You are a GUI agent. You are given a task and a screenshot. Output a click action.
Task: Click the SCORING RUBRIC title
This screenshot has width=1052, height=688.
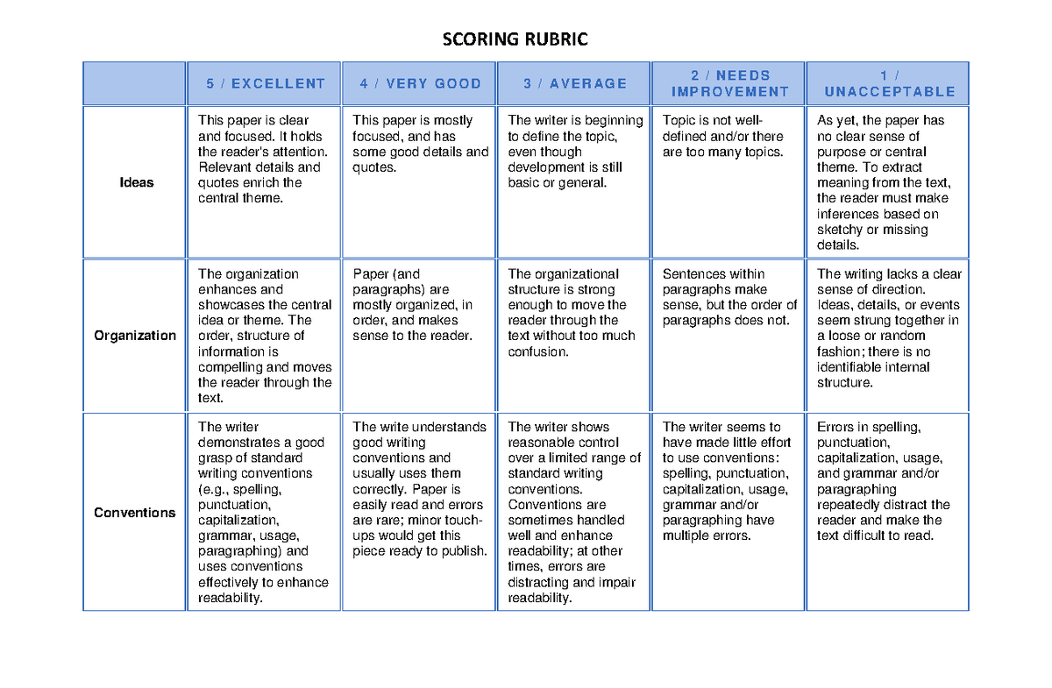click(x=515, y=39)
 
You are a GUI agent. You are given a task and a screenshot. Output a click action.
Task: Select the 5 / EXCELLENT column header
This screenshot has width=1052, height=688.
click(x=265, y=84)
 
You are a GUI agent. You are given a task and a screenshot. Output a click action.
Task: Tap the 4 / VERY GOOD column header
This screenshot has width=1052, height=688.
click(x=420, y=84)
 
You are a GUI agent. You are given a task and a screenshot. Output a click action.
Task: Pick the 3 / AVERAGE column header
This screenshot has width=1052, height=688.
click(x=575, y=84)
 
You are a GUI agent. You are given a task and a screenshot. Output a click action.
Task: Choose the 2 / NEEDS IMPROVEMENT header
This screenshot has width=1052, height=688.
click(x=729, y=84)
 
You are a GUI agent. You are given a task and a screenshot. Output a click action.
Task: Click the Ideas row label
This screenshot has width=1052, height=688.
click(x=136, y=183)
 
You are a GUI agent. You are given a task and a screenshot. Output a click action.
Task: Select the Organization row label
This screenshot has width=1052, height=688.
click(x=135, y=336)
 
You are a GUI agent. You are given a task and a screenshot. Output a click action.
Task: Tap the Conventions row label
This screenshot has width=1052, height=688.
click(x=135, y=513)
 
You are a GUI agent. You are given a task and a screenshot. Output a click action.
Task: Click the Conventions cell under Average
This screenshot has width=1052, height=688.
click(x=574, y=513)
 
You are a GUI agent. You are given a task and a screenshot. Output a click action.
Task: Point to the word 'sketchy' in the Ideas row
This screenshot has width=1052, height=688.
click(x=839, y=230)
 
